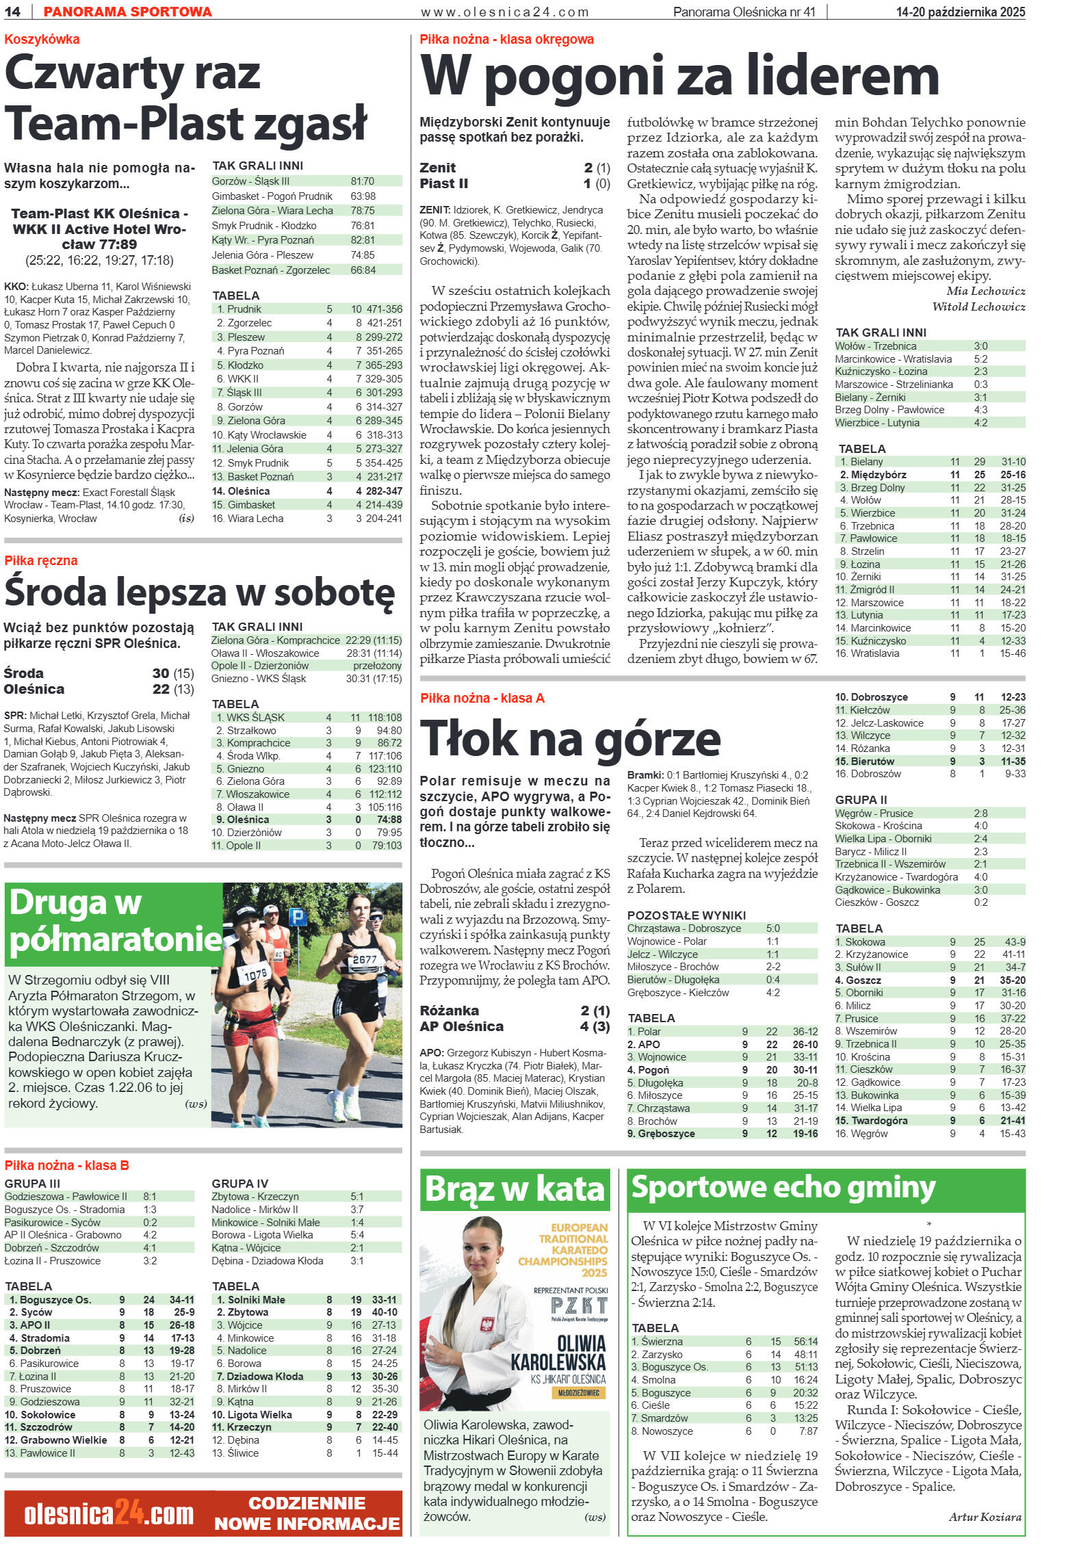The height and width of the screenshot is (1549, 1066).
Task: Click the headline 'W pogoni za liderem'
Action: (x=679, y=77)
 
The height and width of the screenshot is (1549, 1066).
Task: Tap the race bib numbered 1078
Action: (x=255, y=974)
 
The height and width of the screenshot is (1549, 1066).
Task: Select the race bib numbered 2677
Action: (x=365, y=959)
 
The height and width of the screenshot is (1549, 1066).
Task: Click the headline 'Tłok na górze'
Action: (x=570, y=738)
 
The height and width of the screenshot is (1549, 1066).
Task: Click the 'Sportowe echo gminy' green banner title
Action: (x=783, y=1187)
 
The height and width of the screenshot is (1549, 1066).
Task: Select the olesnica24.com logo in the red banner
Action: (x=109, y=1515)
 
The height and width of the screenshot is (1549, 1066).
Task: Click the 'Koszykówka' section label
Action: (x=42, y=39)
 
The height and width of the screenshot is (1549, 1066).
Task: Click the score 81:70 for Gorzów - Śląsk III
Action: (x=362, y=181)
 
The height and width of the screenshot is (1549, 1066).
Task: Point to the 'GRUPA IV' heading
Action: (x=239, y=1184)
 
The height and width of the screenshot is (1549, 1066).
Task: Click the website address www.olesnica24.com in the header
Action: (x=505, y=12)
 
